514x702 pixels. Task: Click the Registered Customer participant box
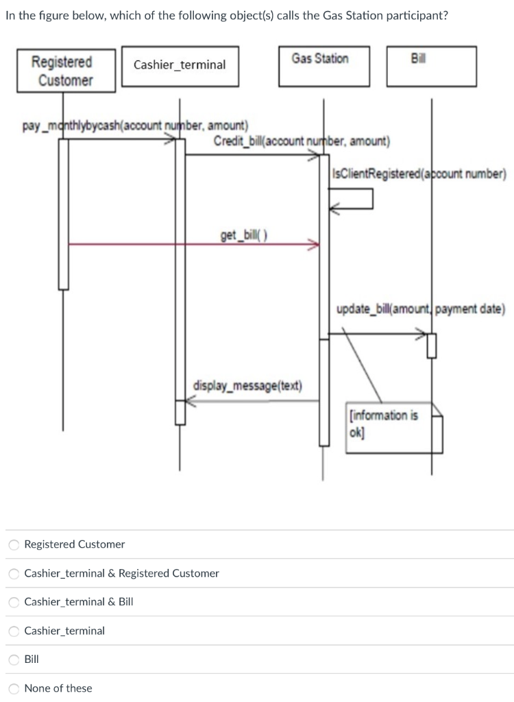(62, 71)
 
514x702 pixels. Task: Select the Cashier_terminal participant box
(180, 65)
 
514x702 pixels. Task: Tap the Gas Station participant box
(323, 66)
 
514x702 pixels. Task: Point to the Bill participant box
(430, 66)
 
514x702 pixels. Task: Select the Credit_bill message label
(302, 142)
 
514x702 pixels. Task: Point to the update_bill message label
(421, 309)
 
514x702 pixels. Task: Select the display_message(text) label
(247, 385)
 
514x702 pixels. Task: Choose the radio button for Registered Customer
(14, 545)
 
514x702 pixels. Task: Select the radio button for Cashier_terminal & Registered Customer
(14, 574)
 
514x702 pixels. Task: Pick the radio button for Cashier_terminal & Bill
(14, 603)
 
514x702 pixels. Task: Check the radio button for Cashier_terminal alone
(14, 631)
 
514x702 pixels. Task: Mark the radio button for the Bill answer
(14, 660)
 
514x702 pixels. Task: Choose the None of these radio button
(14, 689)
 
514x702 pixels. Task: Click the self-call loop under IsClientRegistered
(351, 199)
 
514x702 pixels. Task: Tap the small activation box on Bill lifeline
(431, 346)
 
